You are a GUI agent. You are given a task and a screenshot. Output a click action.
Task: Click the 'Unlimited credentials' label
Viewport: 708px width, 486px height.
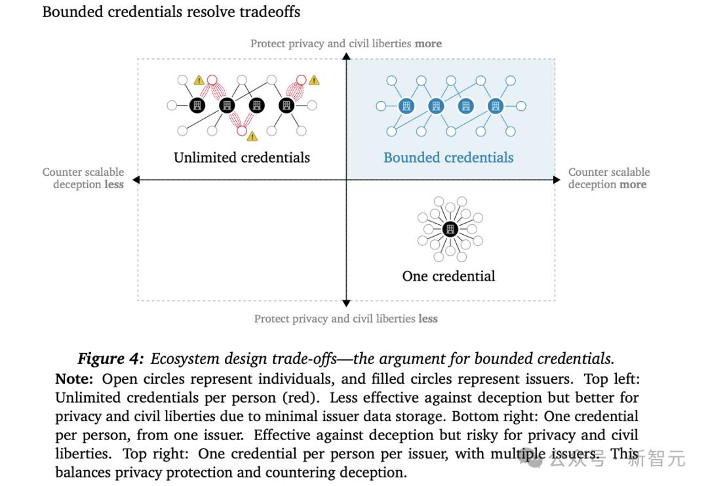[x=241, y=157]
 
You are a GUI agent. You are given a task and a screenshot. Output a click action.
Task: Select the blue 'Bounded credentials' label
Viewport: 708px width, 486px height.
[x=448, y=157]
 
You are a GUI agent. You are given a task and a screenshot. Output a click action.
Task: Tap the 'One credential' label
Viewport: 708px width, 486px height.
[x=448, y=275]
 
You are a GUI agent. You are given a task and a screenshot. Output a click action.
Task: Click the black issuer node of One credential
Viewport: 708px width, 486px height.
[x=450, y=229]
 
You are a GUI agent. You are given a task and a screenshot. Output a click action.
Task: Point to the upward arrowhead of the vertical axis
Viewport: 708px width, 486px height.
[x=346, y=56]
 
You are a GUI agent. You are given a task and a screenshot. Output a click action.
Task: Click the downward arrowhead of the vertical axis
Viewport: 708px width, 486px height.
[x=346, y=303]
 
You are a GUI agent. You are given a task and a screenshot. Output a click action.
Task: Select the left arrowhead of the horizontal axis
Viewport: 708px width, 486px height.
[x=136, y=180]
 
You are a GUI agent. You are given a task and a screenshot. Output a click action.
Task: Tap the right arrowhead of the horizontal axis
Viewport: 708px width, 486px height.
[x=557, y=180]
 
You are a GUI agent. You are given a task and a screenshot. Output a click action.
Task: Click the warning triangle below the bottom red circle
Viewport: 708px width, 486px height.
[x=252, y=136]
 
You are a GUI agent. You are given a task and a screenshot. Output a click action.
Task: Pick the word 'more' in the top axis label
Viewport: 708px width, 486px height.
[x=428, y=44]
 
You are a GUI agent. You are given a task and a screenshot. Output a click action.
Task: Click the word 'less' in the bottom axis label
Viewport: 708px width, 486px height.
[x=427, y=319]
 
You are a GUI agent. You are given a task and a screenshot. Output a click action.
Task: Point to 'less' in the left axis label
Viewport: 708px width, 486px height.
[x=114, y=184]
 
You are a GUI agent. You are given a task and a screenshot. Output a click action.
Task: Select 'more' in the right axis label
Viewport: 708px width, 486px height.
[x=633, y=184]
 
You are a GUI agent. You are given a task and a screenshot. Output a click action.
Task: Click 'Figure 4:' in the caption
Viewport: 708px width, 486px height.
[x=111, y=358]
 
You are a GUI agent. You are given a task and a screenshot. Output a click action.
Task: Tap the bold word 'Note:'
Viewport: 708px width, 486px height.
[x=74, y=378]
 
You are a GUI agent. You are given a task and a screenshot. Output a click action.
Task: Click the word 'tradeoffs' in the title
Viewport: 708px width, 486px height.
[x=269, y=12]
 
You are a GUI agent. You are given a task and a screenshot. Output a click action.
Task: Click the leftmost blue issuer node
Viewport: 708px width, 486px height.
[x=406, y=106]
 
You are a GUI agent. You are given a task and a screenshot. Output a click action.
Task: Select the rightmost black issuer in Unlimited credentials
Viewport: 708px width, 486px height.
[x=286, y=106]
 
